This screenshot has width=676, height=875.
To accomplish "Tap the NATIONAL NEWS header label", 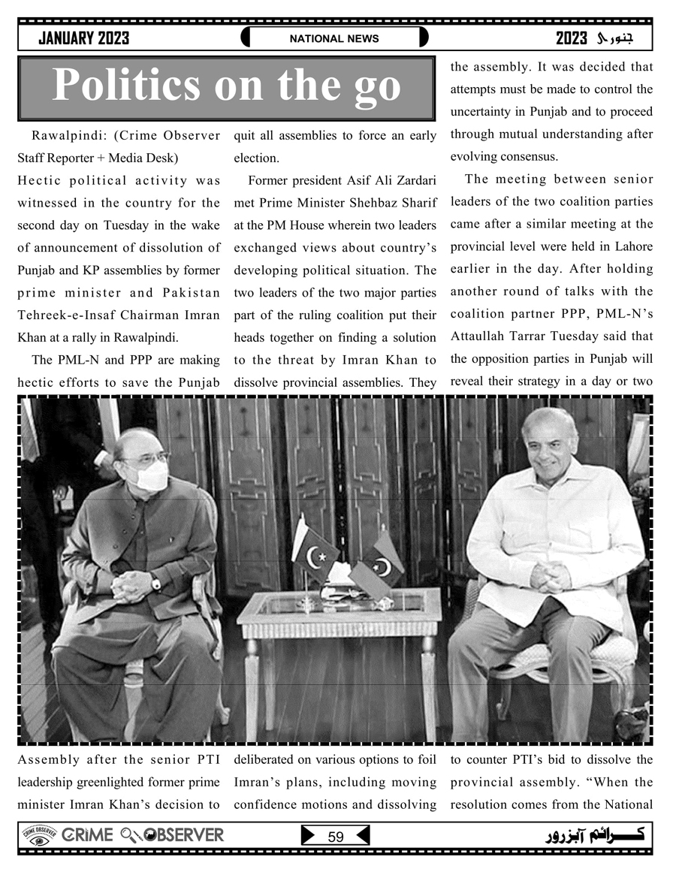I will coord(334,38).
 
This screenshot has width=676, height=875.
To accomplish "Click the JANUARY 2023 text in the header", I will coord(83,38).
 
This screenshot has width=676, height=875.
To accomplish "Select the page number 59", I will coord(336,837).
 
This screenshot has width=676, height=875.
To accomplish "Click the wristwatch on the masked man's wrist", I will coord(155,582).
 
